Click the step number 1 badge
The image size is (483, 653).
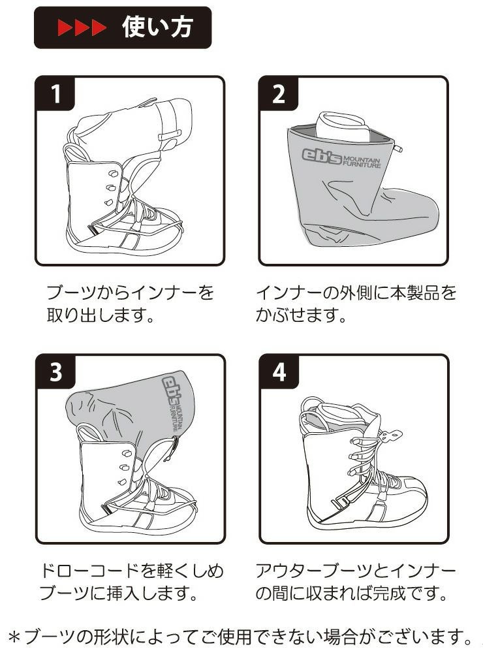(55, 95)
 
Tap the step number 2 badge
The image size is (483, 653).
(279, 95)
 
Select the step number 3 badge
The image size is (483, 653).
(55, 372)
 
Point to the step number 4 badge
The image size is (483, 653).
(279, 372)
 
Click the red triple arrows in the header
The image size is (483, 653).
(81, 28)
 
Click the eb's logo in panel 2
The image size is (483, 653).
(321, 155)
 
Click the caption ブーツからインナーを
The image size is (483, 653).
(131, 292)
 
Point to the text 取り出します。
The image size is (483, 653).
(100, 317)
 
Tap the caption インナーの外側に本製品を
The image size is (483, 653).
(356, 292)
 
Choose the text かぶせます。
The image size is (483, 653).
(300, 317)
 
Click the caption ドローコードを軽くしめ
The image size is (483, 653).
(131, 570)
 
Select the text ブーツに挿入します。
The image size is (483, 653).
(117, 595)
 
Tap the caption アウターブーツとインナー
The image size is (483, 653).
(356, 570)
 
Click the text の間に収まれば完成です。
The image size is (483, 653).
(351, 595)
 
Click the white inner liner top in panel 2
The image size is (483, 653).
(343, 124)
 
